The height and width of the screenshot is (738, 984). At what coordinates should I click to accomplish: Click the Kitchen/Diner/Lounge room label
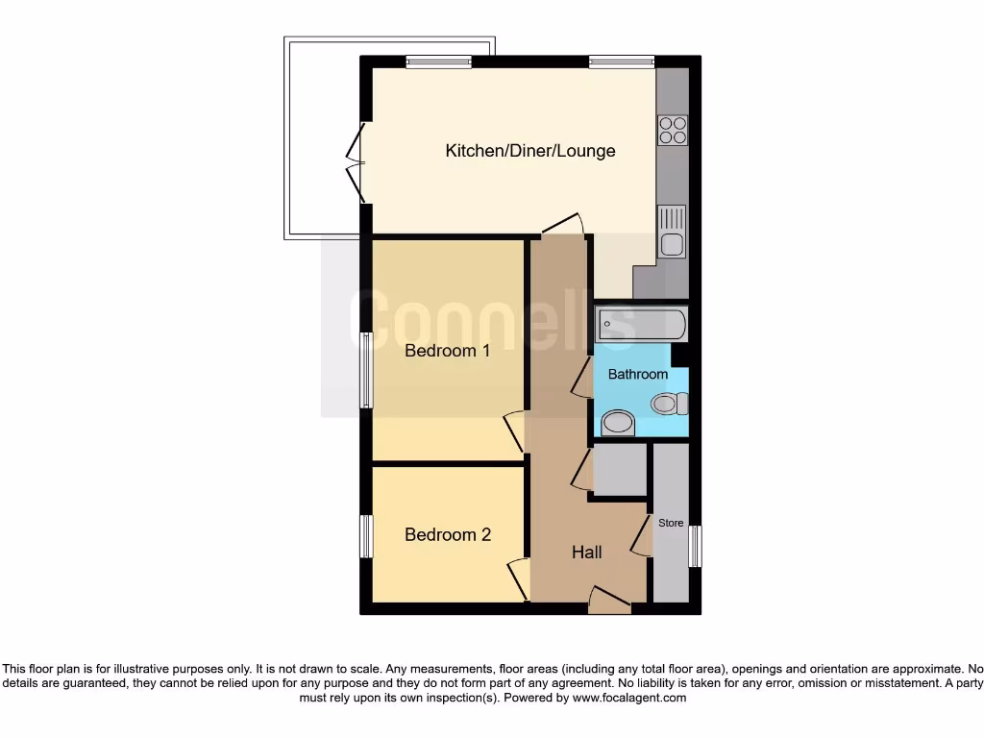(x=530, y=151)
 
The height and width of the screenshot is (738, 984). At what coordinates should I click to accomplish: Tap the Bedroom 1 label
(x=447, y=351)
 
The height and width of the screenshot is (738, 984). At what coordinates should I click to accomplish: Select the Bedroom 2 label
(x=447, y=534)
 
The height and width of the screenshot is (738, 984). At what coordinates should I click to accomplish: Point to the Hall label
(x=587, y=552)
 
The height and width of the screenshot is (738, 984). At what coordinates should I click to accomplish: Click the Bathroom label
(x=637, y=374)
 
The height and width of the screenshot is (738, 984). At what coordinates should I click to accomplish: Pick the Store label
(x=671, y=523)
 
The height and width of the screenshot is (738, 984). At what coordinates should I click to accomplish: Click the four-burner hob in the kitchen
(x=672, y=130)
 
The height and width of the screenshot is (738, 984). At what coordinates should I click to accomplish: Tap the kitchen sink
(x=672, y=233)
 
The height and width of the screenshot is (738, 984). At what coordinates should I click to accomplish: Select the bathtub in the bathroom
(x=640, y=325)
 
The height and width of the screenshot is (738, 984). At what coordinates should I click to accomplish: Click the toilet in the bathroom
(x=669, y=404)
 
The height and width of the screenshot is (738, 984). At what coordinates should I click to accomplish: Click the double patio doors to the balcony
(x=357, y=163)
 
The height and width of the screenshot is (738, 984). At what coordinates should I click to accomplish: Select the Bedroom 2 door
(x=518, y=578)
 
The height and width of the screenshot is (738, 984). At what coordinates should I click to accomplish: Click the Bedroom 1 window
(x=365, y=369)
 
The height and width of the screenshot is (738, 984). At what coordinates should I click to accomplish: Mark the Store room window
(x=696, y=546)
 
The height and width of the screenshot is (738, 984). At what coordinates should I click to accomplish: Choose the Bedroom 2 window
(x=365, y=536)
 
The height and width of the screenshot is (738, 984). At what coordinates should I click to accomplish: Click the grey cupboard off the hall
(x=620, y=470)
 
